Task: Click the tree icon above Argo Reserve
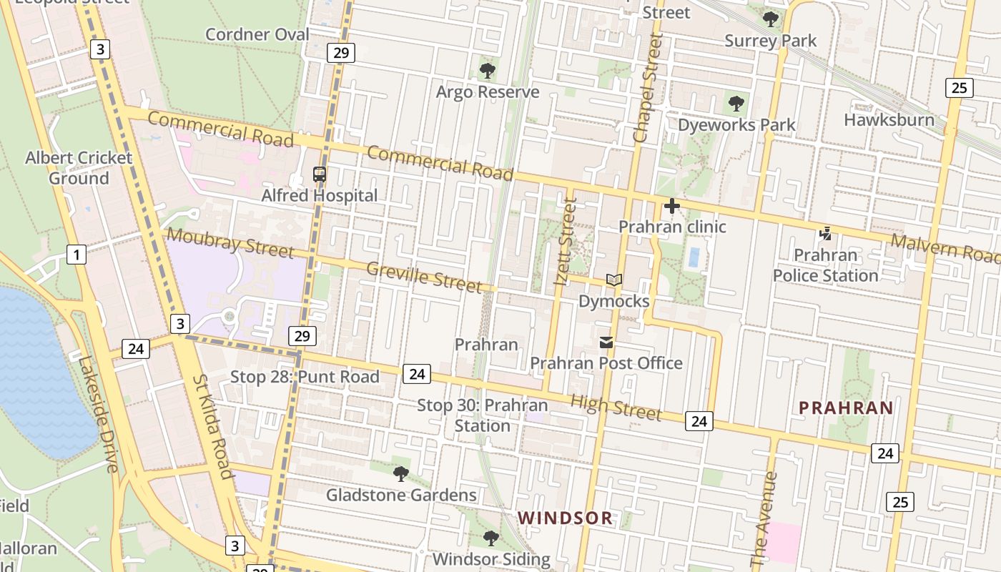pyautogui.click(x=487, y=71)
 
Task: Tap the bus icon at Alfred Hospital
pyautogui.click(x=320, y=174)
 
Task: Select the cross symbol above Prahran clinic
pyautogui.click(x=672, y=207)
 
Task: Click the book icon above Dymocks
pyautogui.click(x=614, y=280)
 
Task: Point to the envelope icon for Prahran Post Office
pyautogui.click(x=606, y=342)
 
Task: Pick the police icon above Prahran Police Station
pyautogui.click(x=826, y=234)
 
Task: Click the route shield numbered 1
pyautogui.click(x=76, y=254)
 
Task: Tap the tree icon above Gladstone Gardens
pyautogui.click(x=401, y=473)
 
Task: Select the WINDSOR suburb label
pyautogui.click(x=565, y=518)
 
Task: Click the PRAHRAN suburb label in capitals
pyautogui.click(x=846, y=408)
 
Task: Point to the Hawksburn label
pyautogui.click(x=889, y=119)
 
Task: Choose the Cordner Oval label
pyautogui.click(x=257, y=34)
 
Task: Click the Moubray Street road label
pyautogui.click(x=230, y=242)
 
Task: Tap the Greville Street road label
pyautogui.click(x=424, y=277)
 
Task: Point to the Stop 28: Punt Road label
pyautogui.click(x=305, y=377)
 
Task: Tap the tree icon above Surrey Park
pyautogui.click(x=770, y=19)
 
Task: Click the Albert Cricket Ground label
pyautogui.click(x=79, y=168)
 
